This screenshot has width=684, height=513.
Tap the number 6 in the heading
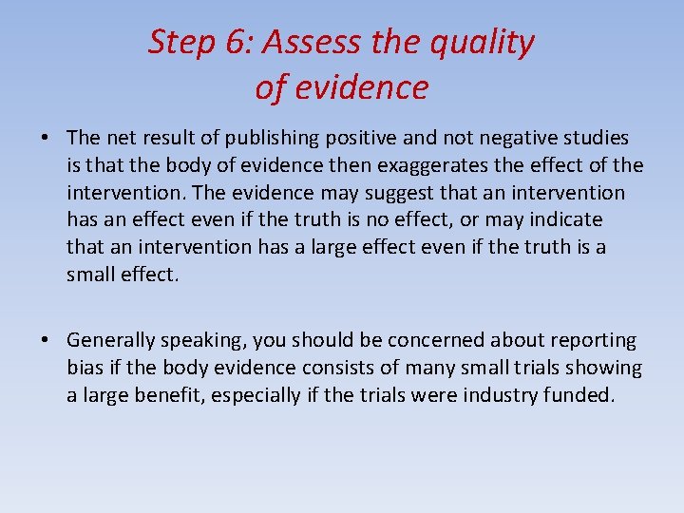242,43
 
